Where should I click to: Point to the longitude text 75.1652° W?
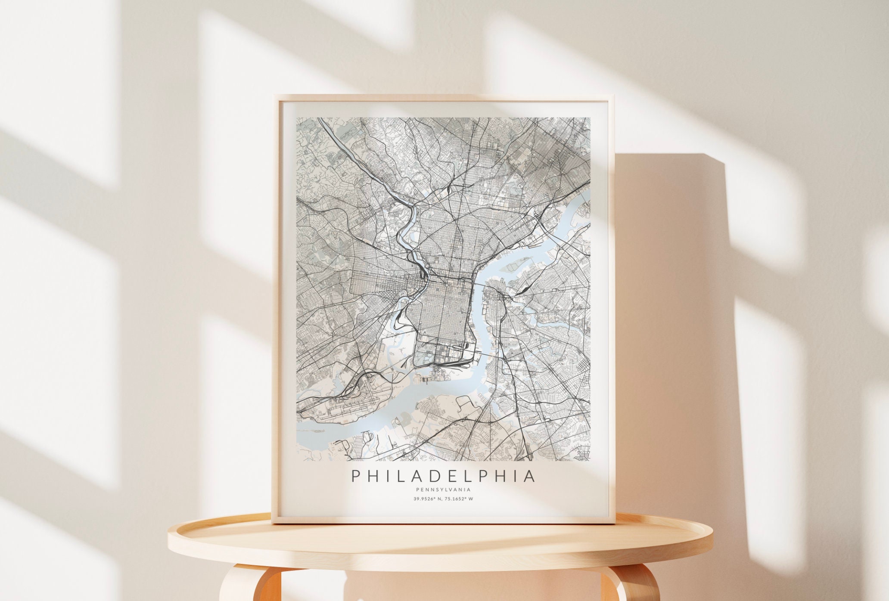(x=462, y=499)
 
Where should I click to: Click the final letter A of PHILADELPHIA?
(x=530, y=476)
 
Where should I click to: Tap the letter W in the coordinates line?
(x=477, y=499)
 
